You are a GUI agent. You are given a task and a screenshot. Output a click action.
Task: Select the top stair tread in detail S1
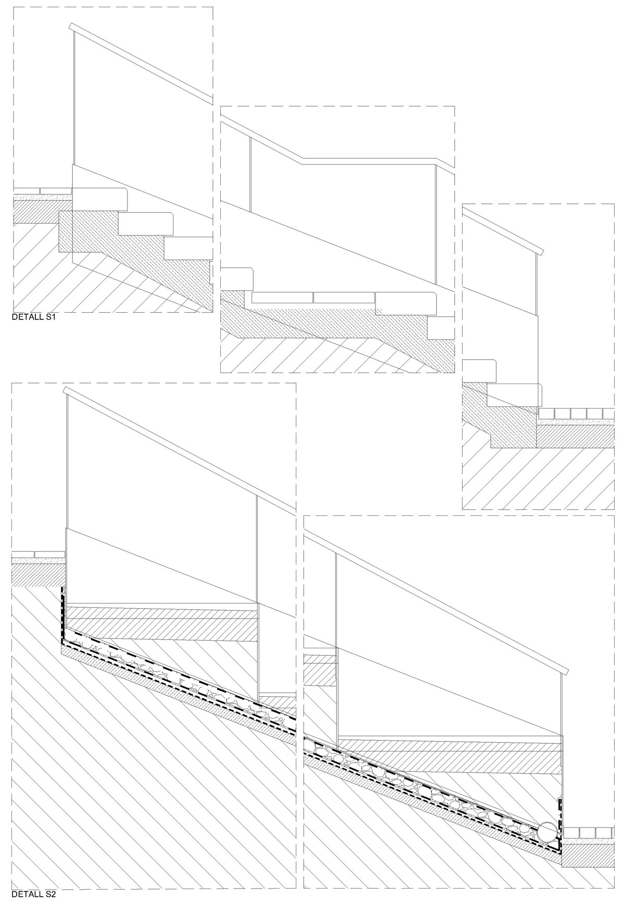tap(99, 200)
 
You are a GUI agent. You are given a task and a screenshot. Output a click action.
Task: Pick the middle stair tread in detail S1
tap(146, 224)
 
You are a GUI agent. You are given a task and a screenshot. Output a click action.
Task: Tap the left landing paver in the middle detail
tap(282, 298)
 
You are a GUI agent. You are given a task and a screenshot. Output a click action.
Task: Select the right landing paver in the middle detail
tap(344, 298)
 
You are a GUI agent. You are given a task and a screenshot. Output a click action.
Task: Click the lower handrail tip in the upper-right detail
tap(541, 251)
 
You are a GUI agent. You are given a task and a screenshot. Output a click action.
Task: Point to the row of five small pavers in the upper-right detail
tap(576, 413)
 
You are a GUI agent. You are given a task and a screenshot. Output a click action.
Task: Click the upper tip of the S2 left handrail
tap(65, 390)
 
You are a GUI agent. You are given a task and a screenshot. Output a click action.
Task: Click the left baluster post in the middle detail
tap(251, 175)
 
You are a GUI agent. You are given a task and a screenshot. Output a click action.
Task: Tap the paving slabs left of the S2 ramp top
tap(38, 554)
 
